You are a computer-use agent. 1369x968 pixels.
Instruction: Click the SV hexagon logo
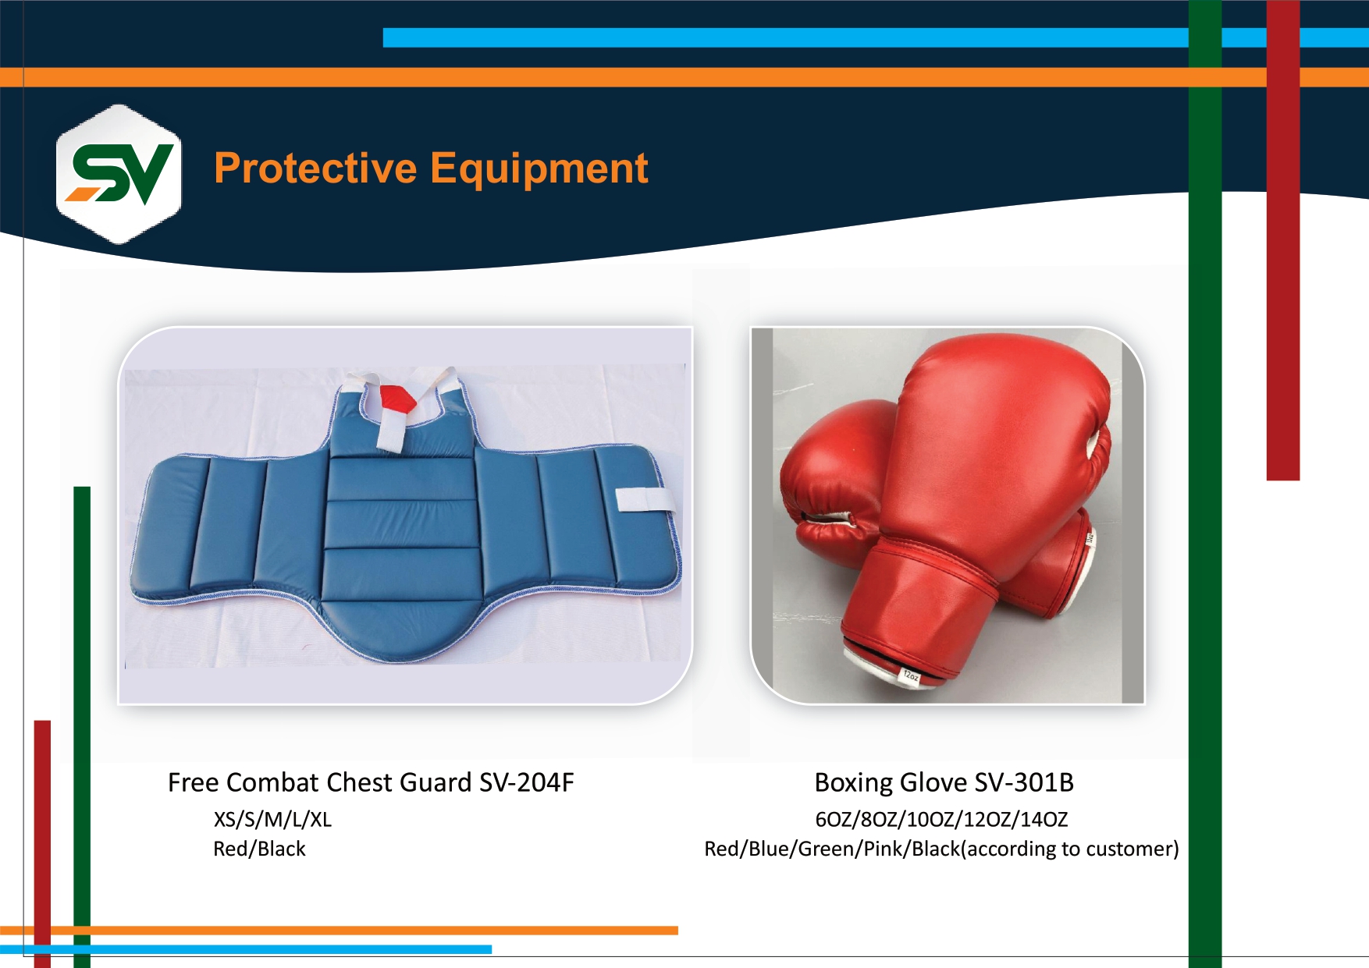point(119,174)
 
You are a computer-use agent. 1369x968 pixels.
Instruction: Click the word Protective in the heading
point(316,168)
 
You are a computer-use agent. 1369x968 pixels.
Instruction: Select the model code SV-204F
point(527,782)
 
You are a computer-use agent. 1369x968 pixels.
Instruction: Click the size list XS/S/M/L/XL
point(272,819)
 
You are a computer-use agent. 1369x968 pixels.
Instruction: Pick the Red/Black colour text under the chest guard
point(259,849)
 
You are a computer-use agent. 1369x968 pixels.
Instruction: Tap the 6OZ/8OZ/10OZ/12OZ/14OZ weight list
point(941,819)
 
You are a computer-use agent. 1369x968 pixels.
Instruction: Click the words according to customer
point(1071,849)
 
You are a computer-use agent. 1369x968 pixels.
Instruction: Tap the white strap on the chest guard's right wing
point(645,500)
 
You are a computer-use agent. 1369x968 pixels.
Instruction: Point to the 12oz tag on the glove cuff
point(911,675)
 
